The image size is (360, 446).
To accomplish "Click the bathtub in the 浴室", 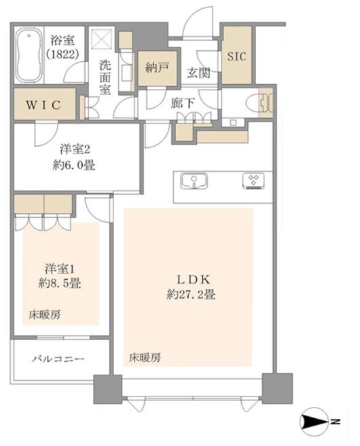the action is [29, 56].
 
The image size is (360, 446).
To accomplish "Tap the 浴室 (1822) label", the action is [62, 46].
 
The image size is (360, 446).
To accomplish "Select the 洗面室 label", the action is [105, 77].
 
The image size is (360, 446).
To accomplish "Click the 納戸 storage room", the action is [158, 68].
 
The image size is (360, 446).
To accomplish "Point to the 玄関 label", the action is [198, 73].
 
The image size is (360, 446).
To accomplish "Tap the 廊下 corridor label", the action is [183, 103].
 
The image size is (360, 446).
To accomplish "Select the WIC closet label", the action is [43, 105].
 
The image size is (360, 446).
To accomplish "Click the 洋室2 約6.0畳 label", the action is [74, 157].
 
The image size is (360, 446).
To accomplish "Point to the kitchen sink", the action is [194, 181].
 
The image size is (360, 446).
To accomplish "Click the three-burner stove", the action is [253, 181].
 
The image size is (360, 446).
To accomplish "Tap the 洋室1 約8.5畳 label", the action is [60, 276].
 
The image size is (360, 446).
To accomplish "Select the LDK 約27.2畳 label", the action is [192, 286].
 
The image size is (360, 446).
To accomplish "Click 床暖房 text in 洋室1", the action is [45, 315].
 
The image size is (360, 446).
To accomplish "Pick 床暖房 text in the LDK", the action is [145, 358].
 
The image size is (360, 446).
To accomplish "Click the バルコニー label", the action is [58, 358].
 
